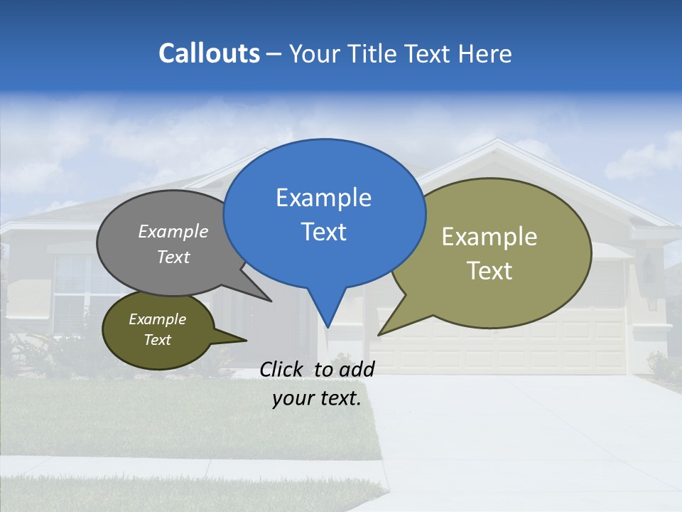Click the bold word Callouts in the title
coord(209,54)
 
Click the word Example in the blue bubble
coord(323,198)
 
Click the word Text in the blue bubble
coord(323,232)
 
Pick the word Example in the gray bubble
coord(173,231)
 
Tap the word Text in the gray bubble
coord(173,257)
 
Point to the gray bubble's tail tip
coord(271,301)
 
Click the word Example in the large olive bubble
coord(489,237)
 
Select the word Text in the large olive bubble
coord(489,271)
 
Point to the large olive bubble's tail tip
coord(379,334)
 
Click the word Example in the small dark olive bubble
coord(157,319)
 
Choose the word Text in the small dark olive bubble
coord(157,340)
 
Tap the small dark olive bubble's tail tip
coord(246,340)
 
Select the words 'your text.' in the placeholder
coord(317,398)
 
